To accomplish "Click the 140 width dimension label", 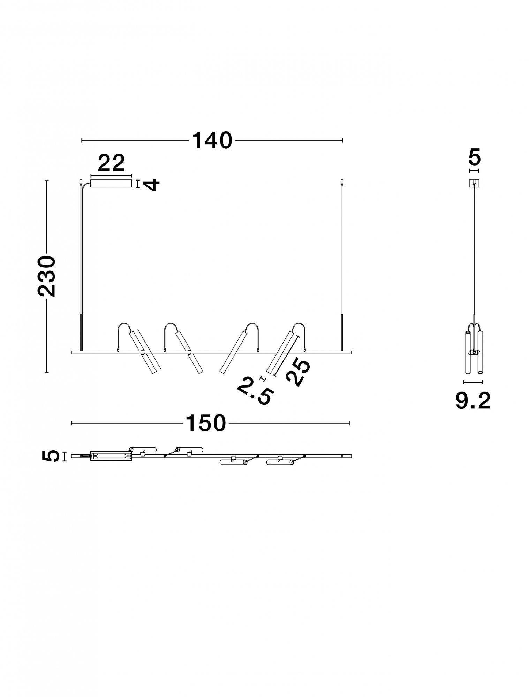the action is pos(212,140).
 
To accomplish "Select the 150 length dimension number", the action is pos(205,423).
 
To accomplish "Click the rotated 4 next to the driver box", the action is pos(152,184).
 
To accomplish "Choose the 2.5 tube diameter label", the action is pos(254,391).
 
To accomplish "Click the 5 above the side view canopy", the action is pos(474,157).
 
